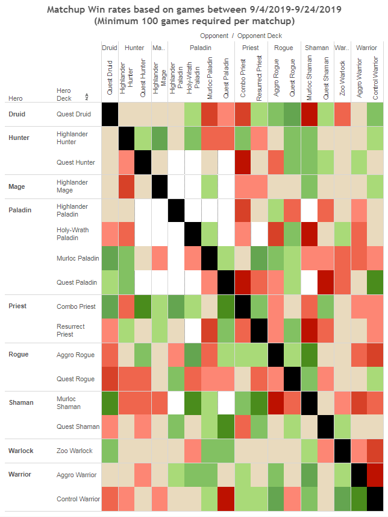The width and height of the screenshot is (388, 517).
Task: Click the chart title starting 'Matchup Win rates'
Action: click(194, 10)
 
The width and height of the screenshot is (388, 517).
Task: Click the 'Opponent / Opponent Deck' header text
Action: click(240, 36)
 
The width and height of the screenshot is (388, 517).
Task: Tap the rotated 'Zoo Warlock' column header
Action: click(342, 77)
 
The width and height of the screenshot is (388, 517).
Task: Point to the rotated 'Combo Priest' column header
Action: click(243, 77)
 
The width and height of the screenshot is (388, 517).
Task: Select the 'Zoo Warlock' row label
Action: click(75, 451)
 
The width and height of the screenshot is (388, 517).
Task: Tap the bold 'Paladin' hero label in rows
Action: click(20, 211)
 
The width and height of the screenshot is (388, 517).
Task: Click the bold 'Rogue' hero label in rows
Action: click(19, 354)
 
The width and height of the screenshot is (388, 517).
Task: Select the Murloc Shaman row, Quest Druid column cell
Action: click(110, 403)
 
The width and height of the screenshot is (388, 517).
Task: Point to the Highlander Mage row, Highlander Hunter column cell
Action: click(127, 186)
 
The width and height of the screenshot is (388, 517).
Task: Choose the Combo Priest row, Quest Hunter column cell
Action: click(143, 306)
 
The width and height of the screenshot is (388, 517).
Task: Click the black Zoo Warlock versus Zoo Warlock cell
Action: click(342, 451)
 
